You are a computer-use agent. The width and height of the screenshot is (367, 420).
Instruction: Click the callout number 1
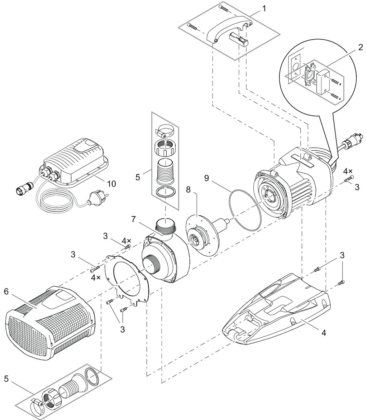click(264, 8)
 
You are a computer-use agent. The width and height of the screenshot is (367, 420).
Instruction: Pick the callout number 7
click(133, 219)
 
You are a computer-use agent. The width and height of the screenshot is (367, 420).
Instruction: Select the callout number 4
click(324, 333)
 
